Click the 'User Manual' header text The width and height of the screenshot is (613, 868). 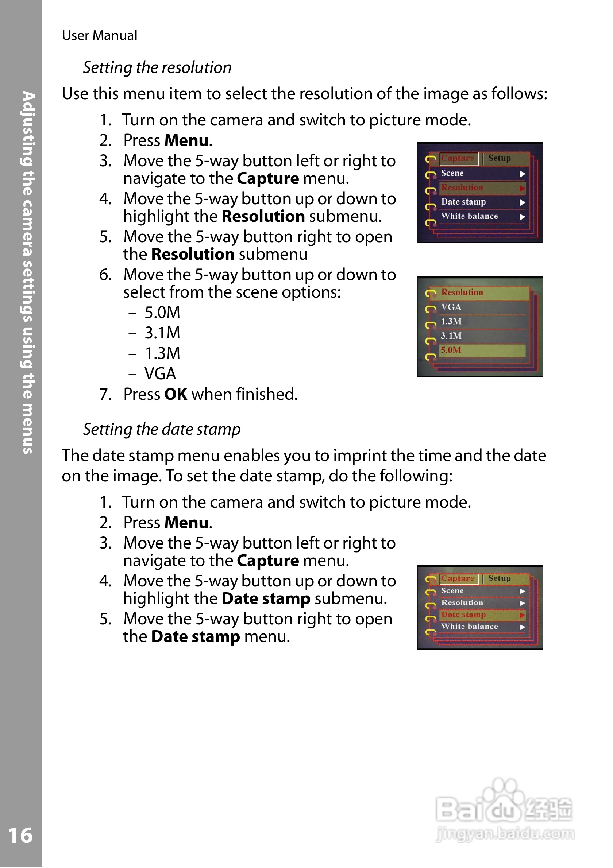tap(100, 35)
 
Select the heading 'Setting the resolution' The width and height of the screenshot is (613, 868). tap(157, 68)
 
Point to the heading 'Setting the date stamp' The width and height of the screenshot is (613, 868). tap(162, 430)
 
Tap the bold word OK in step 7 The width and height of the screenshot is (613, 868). tap(176, 394)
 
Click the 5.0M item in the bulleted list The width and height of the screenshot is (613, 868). tap(162, 313)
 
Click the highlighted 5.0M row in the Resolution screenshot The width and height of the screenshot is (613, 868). tap(482, 350)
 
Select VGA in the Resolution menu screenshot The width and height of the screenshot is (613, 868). tap(451, 307)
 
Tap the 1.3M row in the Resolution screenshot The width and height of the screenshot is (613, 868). tap(451, 322)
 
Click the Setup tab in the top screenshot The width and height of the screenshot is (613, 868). tap(499, 158)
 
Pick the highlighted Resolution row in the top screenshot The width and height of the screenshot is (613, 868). tap(482, 188)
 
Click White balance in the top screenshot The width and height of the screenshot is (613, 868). tap(469, 217)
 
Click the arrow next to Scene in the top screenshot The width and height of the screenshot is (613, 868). tap(522, 174)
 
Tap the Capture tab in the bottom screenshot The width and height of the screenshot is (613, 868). tap(457, 578)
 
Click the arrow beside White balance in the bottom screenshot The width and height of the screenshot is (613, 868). tap(522, 627)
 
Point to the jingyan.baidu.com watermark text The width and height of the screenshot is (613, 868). tap(505, 834)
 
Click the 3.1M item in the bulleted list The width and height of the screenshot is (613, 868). tap(162, 333)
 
